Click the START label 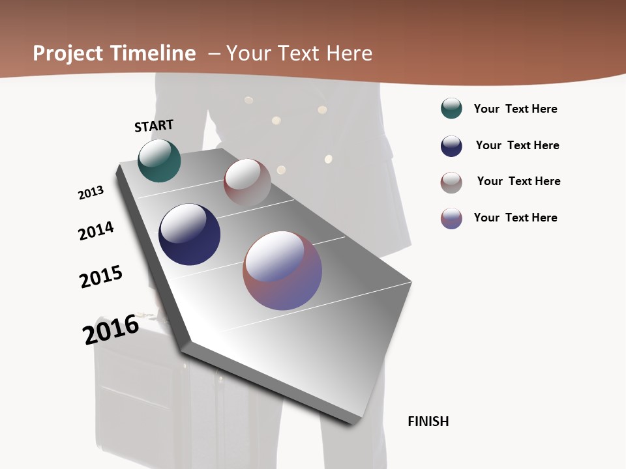tap(154, 126)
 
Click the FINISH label tap(428, 421)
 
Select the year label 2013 tap(91, 193)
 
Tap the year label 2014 tap(96, 231)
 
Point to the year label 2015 tap(101, 277)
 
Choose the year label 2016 tap(111, 330)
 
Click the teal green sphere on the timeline tap(159, 160)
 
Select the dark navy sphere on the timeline tap(189, 234)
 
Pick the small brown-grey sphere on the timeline tap(247, 182)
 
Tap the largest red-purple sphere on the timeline tap(282, 270)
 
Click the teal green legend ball tap(451, 108)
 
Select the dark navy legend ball tap(451, 146)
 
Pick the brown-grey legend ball tap(451, 182)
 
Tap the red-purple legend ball tap(451, 218)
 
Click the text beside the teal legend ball tap(515, 109)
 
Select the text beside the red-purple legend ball tap(515, 218)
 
